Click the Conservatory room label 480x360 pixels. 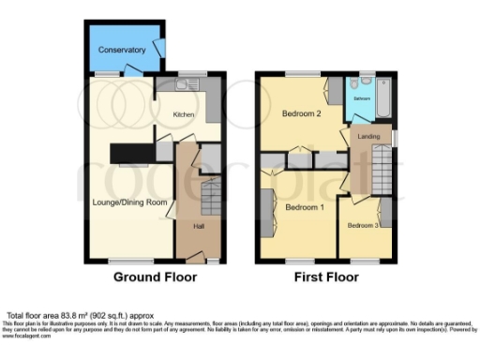123,50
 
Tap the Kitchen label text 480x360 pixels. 183,114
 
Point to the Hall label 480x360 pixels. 199,226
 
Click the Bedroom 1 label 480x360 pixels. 305,207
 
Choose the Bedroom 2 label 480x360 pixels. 301,114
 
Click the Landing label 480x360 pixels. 369,139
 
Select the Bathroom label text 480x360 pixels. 361,97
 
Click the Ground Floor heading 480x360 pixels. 155,277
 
